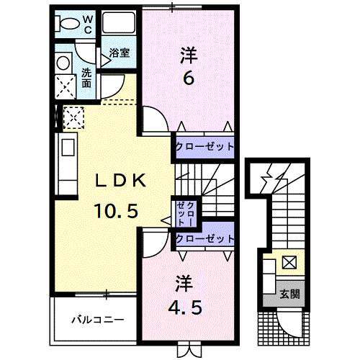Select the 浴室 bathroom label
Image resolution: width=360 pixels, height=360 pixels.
point(119,53)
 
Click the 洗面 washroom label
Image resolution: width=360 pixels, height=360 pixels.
point(86,77)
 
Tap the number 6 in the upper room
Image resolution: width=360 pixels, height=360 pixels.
point(187,78)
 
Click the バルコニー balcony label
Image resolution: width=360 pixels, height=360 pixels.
point(96,319)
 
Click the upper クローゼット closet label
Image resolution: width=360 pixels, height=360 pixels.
point(205,146)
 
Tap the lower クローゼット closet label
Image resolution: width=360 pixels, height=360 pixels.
point(205,238)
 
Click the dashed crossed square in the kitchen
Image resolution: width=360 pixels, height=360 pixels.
point(73,116)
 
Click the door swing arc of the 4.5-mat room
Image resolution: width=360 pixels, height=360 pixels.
point(153,243)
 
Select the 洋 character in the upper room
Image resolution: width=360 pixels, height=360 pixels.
point(186,54)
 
